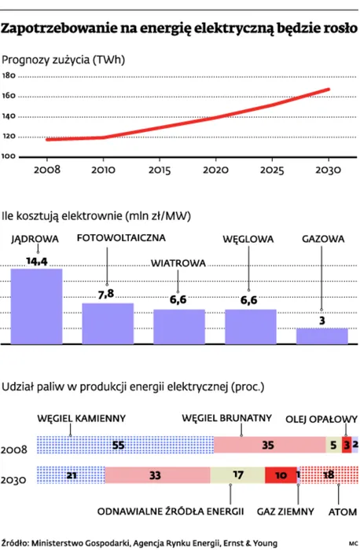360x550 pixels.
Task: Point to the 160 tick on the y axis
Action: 9,96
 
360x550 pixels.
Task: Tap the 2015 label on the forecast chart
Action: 160,169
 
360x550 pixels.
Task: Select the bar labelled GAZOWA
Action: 322,335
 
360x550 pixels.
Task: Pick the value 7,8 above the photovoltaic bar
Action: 106,293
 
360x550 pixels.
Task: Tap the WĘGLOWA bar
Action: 251,326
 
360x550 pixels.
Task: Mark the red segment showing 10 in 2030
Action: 280,475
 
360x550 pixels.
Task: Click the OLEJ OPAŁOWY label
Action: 321,418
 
